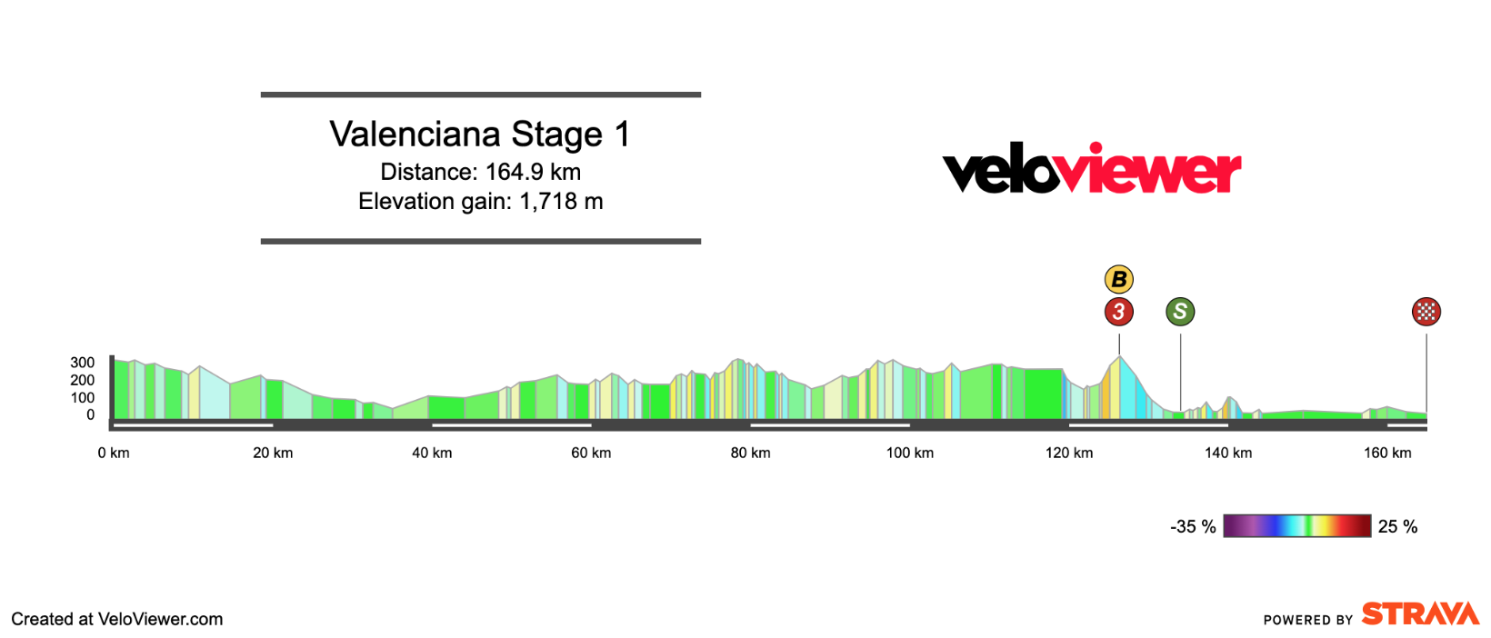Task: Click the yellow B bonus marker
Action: pyautogui.click(x=1119, y=280)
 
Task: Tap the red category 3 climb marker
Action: pyautogui.click(x=1119, y=312)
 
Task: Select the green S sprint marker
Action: pyautogui.click(x=1180, y=312)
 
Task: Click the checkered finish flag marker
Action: pyautogui.click(x=1426, y=312)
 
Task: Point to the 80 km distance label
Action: pyautogui.click(x=750, y=453)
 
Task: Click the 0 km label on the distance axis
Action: pyautogui.click(x=114, y=453)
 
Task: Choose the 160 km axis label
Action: pyautogui.click(x=1387, y=453)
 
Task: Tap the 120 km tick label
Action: pyautogui.click(x=1069, y=453)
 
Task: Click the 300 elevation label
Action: pyautogui.click(x=83, y=363)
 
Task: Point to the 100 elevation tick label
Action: pyautogui.click(x=83, y=398)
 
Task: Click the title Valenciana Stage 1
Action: pyautogui.click(x=480, y=135)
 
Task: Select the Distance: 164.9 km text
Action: pyautogui.click(x=480, y=172)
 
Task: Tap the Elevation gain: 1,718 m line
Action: pyautogui.click(x=480, y=201)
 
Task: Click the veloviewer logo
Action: pyautogui.click(x=1091, y=170)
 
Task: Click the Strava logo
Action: pyautogui.click(x=1420, y=614)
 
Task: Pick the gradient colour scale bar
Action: pyautogui.click(x=1296, y=526)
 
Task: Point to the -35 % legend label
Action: pyautogui.click(x=1193, y=527)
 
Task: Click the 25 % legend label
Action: pyautogui.click(x=1397, y=527)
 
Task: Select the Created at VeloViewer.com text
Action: pyautogui.click(x=117, y=619)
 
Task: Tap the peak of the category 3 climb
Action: pyautogui.click(x=1119, y=356)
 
